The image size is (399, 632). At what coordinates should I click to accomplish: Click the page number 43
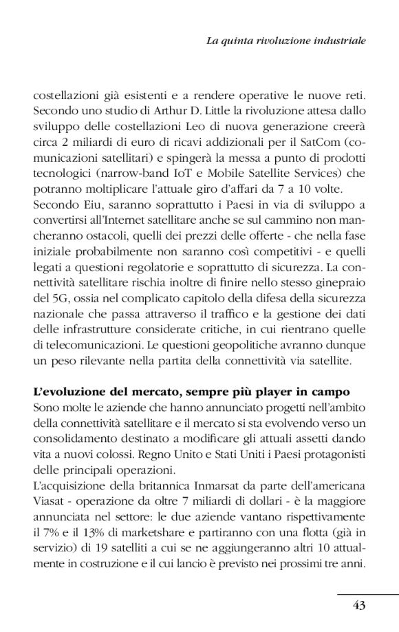point(358,606)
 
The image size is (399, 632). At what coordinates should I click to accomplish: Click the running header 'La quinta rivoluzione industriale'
point(285,41)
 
